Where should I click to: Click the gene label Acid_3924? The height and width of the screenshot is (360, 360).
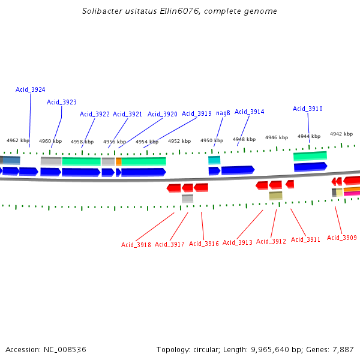[30, 89]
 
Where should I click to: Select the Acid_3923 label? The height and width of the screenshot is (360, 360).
[62, 102]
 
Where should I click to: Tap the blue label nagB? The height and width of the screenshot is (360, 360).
[223, 113]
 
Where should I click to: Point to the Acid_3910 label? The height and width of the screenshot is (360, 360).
[308, 109]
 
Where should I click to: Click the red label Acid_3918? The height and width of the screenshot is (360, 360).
[136, 244]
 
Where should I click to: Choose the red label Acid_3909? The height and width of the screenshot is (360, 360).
[342, 238]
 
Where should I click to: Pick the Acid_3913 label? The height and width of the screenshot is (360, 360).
[238, 242]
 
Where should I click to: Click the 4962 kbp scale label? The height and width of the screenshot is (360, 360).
[18, 140]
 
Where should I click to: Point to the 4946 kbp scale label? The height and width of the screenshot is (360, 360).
[277, 137]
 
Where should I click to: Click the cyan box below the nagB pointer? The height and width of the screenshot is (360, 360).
[214, 160]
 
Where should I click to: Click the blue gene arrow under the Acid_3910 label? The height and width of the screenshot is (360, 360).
[310, 166]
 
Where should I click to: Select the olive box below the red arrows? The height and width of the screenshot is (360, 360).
[275, 196]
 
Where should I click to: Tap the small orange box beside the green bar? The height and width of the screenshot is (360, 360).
[119, 161]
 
